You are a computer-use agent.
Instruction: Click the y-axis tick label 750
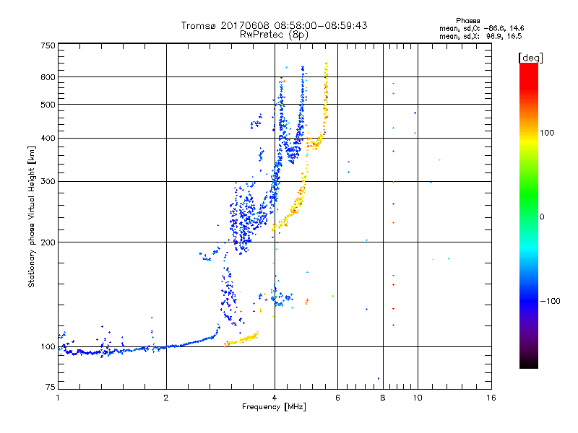48,45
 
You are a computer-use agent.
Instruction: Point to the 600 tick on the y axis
48,76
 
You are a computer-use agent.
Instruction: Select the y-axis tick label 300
48,181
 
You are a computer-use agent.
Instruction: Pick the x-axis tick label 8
383,398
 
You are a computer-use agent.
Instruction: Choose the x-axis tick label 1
58,398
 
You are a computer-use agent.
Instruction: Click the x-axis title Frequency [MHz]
275,408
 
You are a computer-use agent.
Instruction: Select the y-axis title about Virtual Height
32,217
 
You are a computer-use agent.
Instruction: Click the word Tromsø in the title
199,25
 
